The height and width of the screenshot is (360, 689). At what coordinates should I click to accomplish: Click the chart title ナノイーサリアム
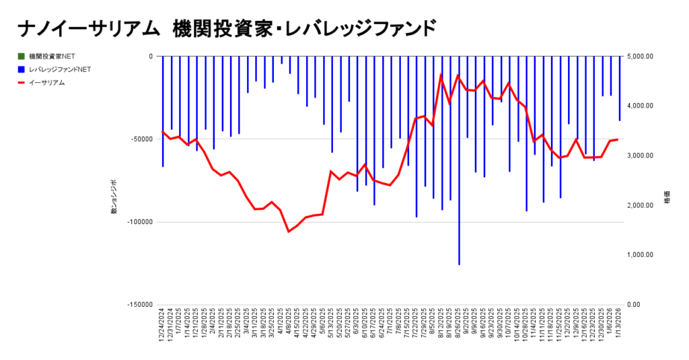[81, 29]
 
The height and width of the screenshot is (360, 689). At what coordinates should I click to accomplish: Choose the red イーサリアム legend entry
[46, 83]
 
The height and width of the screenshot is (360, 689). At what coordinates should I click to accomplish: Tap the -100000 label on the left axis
[140, 222]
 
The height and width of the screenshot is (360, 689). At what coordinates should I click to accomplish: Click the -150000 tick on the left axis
[140, 305]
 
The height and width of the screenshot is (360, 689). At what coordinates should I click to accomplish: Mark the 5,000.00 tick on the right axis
[640, 57]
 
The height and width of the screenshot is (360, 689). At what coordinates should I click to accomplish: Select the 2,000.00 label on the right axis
[640, 205]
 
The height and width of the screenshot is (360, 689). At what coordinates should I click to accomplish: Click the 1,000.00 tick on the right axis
[640, 255]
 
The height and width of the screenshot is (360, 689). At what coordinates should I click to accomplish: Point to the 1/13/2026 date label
[620, 328]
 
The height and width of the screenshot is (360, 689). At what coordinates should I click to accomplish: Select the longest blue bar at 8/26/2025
[459, 161]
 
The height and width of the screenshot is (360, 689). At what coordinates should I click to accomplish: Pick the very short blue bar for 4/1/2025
[281, 60]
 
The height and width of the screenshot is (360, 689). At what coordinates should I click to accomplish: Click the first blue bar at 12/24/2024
[163, 111]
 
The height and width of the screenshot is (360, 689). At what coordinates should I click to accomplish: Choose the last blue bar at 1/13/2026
[620, 88]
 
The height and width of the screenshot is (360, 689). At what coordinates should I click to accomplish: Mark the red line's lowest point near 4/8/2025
[289, 231]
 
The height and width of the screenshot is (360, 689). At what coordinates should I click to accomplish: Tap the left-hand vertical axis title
[114, 197]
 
